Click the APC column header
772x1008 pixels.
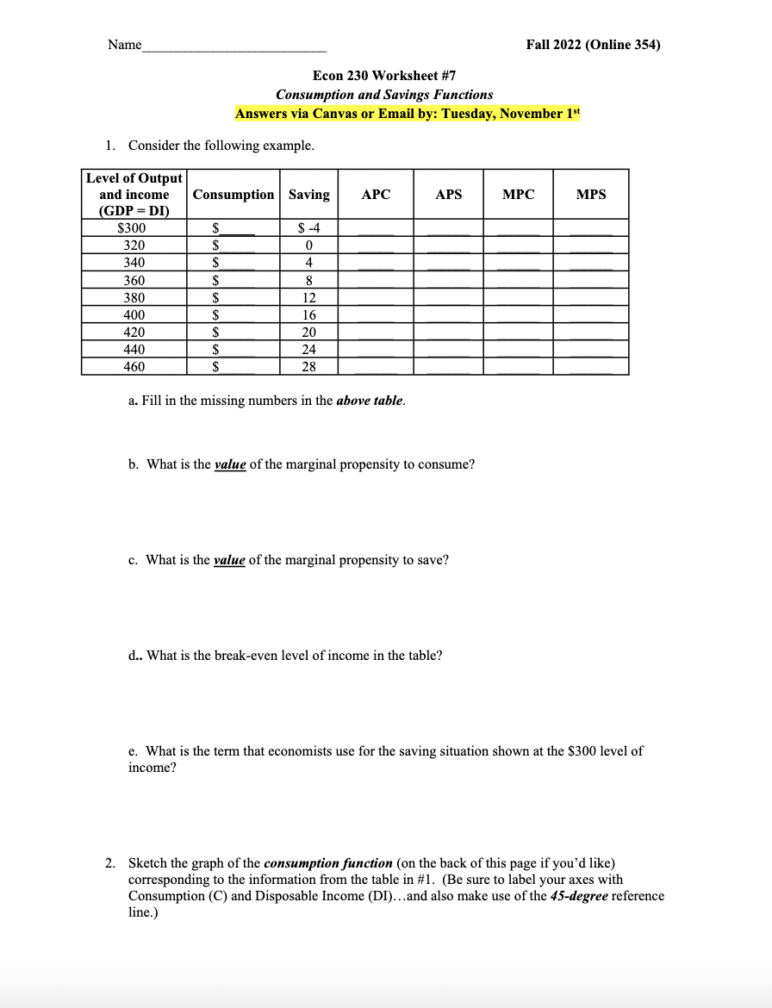376,195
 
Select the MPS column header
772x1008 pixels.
590,195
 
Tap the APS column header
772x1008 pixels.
448,195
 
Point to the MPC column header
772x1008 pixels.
518,195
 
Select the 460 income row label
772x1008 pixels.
134,367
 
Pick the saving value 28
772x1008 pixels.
308,367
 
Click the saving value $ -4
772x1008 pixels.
308,228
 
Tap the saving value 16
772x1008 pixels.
308,315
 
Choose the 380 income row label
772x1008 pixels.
134,298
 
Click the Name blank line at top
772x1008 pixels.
234,47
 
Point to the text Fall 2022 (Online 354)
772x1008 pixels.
593,46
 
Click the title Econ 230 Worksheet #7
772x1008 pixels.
384,76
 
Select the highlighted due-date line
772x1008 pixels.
408,114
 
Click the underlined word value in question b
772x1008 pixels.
230,464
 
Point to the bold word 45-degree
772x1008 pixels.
585,896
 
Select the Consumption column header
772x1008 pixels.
233,195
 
